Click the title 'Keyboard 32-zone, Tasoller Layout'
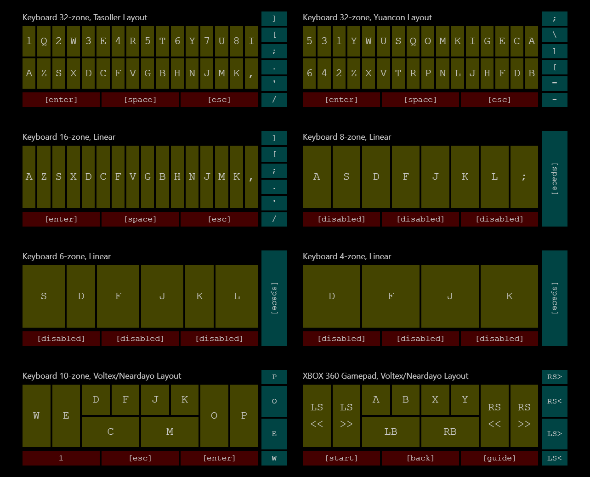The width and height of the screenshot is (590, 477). coord(85,17)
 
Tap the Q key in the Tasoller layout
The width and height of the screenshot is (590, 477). coord(44,41)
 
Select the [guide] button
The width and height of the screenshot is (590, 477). coord(499,458)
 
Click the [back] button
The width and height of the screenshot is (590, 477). coord(420,458)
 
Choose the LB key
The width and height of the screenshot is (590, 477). coord(391,432)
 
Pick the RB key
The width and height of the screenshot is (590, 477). coord(450,432)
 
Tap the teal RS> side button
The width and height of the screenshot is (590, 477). coord(555,377)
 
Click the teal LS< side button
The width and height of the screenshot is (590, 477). coord(555,458)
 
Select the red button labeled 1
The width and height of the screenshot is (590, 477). coord(61,458)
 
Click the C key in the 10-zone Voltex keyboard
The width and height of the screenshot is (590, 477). coord(110,432)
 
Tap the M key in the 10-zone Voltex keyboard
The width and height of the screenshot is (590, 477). coord(170,432)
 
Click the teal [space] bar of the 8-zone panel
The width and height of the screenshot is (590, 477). coord(555,179)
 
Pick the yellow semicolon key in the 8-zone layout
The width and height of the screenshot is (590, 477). coord(524,177)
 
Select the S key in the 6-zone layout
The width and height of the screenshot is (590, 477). coord(44,296)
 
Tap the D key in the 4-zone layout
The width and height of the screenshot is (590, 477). coord(331,296)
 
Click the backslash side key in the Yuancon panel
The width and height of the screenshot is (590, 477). coord(555,35)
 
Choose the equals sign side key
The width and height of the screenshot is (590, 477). coord(555,84)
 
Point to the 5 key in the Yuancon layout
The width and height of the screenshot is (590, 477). coord(309,41)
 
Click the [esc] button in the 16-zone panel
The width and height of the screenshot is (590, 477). coord(219,219)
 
